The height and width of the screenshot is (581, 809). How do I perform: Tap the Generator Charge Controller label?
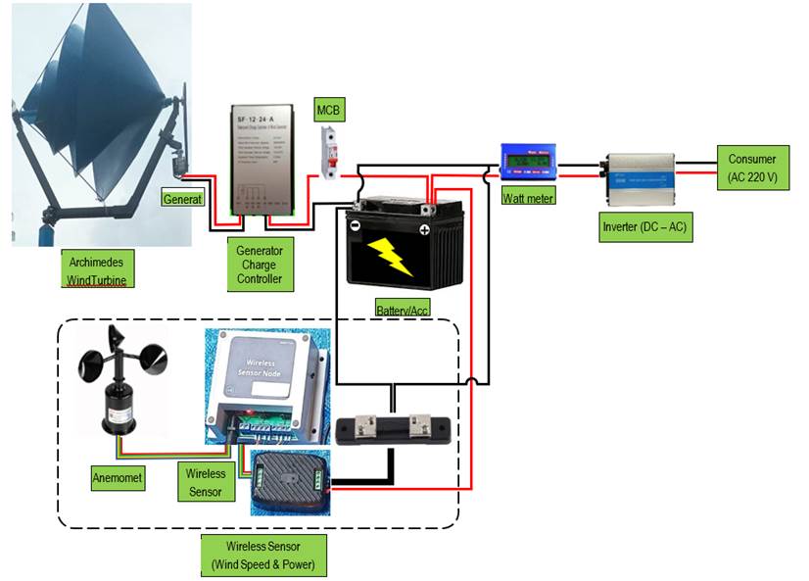click(x=259, y=265)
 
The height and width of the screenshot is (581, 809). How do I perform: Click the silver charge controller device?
click(x=267, y=157)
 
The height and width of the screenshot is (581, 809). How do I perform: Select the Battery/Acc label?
click(x=403, y=310)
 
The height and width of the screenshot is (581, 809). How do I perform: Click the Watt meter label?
click(x=528, y=198)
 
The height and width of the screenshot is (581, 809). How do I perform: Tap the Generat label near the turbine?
click(x=183, y=199)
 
